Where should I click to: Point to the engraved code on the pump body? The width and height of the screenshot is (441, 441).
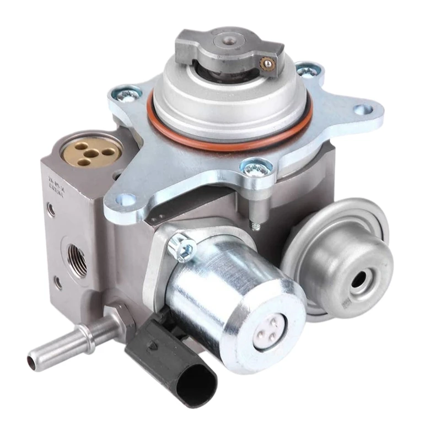click(56, 182)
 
